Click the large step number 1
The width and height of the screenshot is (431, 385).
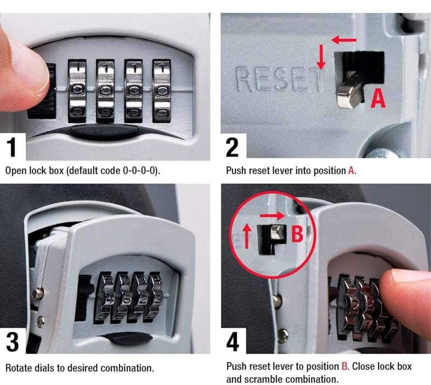(x=12, y=147)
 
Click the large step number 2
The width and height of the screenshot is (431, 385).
(x=232, y=147)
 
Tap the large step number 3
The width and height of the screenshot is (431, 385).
(x=12, y=342)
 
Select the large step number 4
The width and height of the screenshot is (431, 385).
(x=233, y=342)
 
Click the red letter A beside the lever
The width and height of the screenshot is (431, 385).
(x=378, y=99)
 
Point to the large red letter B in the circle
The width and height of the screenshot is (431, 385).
(x=297, y=234)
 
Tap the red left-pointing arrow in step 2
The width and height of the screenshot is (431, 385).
(x=344, y=41)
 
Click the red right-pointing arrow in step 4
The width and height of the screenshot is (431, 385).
(x=272, y=216)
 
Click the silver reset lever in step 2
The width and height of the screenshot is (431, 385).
(x=349, y=91)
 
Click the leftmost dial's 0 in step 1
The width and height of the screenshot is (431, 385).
(x=77, y=90)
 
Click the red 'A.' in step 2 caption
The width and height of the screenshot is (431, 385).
(x=352, y=170)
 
